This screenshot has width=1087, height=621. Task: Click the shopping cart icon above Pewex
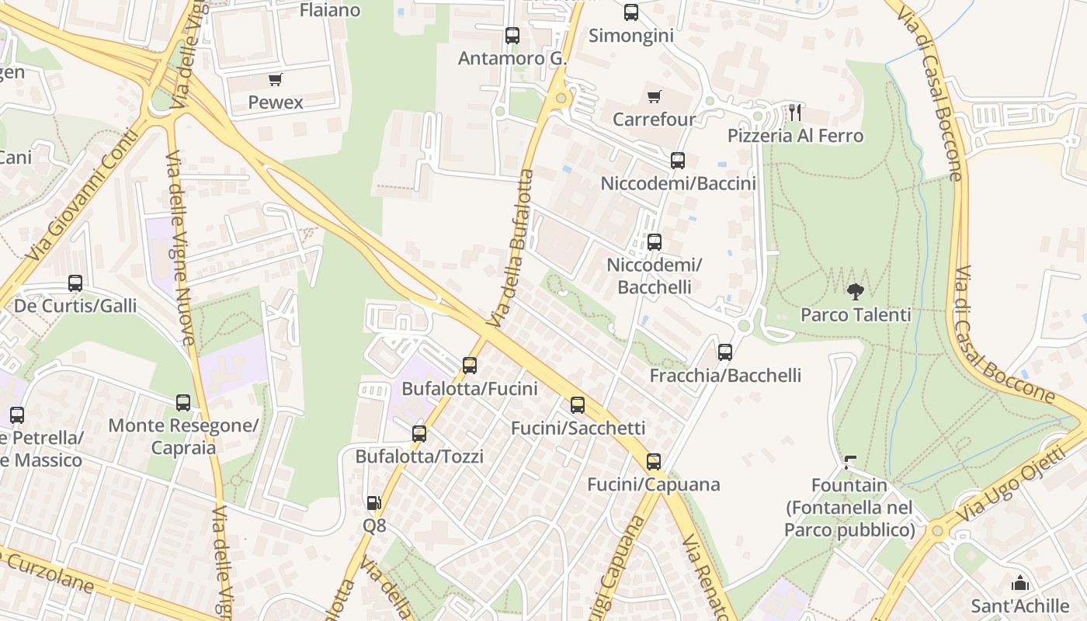click(x=275, y=79)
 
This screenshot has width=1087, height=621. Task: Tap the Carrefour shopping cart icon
click(x=654, y=97)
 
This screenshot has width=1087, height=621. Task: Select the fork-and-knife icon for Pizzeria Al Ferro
click(x=794, y=113)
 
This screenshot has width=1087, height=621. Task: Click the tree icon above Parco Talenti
click(x=856, y=292)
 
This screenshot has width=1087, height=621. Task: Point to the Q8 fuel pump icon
click(x=373, y=503)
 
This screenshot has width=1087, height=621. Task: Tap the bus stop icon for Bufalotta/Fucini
click(x=469, y=366)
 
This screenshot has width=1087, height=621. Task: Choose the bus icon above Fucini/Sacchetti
click(x=578, y=405)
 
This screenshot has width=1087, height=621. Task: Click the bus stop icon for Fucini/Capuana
click(x=654, y=462)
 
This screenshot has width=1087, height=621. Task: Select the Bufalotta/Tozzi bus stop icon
click(x=419, y=434)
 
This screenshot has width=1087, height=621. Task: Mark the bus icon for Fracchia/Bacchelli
click(x=725, y=352)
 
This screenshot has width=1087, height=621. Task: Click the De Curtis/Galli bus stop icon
click(x=75, y=283)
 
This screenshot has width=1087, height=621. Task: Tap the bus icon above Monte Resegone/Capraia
click(x=183, y=403)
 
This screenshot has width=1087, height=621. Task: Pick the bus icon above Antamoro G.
click(x=512, y=36)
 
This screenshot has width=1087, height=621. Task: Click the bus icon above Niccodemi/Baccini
click(x=678, y=161)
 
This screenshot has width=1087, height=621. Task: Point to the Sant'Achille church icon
click(x=1019, y=583)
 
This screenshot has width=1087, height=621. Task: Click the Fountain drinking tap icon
click(x=850, y=463)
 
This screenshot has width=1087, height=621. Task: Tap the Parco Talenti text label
click(x=856, y=315)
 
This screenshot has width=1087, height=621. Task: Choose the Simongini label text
click(x=630, y=36)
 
